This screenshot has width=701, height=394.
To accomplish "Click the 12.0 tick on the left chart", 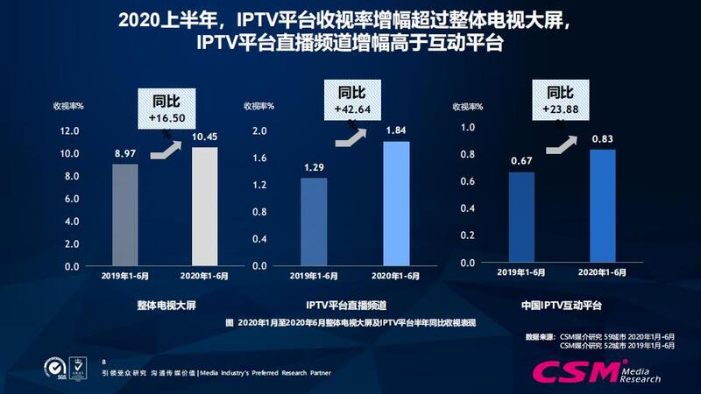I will click(x=68, y=131).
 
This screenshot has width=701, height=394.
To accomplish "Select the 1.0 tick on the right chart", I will click(x=467, y=127).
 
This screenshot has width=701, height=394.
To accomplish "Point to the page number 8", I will click(x=104, y=361).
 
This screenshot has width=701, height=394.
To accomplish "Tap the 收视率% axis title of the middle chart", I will click(x=259, y=106).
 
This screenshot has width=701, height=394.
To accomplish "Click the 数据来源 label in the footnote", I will click(x=541, y=335).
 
